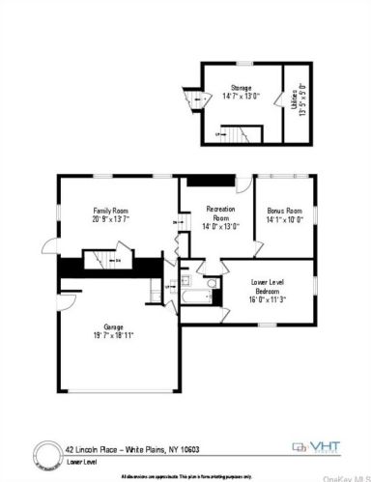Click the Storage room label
point(241,87)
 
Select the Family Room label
point(110,211)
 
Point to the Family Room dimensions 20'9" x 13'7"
point(110,219)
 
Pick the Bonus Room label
point(284,211)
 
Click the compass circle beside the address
point(46,451)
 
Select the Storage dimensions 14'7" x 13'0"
point(241,96)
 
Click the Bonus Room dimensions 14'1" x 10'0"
point(284,219)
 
